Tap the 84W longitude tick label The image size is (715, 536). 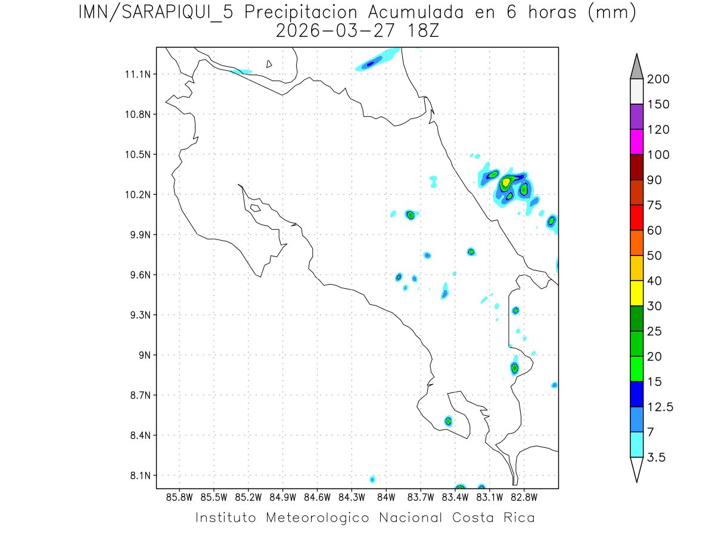pos(386,497)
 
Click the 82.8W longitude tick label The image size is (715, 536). pos(524,497)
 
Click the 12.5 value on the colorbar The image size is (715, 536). pos(660,407)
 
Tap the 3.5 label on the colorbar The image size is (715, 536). pos(657,457)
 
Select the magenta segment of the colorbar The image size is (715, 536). pos(636,142)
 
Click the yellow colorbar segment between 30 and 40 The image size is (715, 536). pos(636,293)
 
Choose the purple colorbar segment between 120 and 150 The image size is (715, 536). pos(636,117)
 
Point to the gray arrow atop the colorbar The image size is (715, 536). pos(636,66)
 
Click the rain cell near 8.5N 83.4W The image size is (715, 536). pos(448,421)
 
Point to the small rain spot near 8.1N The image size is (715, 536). pos(372,479)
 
